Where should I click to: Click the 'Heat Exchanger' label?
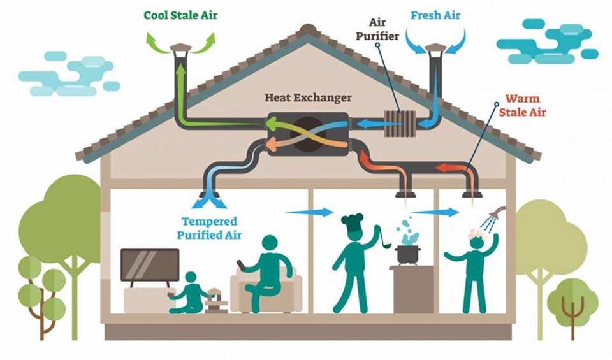(308, 97)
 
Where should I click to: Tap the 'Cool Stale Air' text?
(180, 15)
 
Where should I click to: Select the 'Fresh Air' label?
(435, 15)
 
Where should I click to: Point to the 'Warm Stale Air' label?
(522, 105)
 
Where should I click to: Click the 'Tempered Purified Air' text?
(209, 228)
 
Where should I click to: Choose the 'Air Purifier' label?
(377, 30)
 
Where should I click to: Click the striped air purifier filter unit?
(400, 124)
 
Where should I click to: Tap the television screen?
(150, 265)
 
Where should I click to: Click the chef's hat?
(352, 222)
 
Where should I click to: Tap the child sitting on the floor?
(189, 293)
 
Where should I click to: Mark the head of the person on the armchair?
(272, 245)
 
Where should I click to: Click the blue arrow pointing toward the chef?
(309, 212)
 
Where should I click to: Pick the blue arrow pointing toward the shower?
(434, 212)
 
